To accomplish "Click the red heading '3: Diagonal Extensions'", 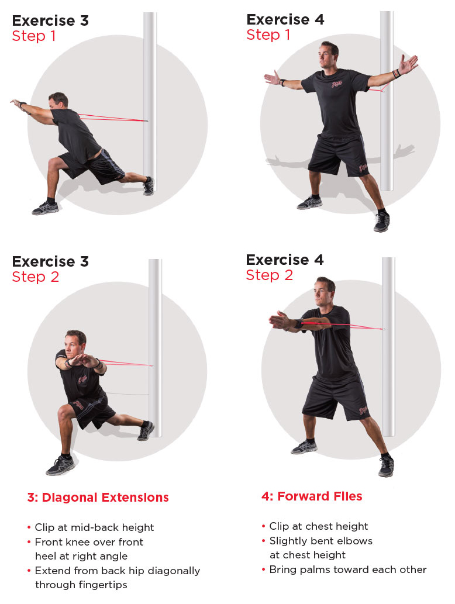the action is pyautogui.click(x=98, y=498).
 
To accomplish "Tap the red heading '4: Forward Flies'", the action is pyautogui.click(x=312, y=496).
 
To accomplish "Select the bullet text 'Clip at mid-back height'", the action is pyautogui.click(x=94, y=527).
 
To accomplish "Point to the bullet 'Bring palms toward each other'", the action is pyautogui.click(x=348, y=570).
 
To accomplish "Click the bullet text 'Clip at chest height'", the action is pyautogui.click(x=319, y=526).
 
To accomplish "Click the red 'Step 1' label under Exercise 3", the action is pyautogui.click(x=34, y=36).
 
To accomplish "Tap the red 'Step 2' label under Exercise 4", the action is pyautogui.click(x=269, y=275).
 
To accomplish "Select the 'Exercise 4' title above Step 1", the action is pyautogui.click(x=285, y=19).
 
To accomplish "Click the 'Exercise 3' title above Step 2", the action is pyautogui.click(x=50, y=261).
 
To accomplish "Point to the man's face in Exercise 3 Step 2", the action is pyautogui.click(x=73, y=346).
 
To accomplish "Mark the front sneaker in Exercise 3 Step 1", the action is pyautogui.click(x=46, y=208).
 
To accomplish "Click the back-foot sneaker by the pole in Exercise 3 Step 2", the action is pyautogui.click(x=146, y=431).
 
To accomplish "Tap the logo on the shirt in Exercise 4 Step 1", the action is pyautogui.click(x=337, y=83).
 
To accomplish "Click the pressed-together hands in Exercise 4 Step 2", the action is pyautogui.click(x=280, y=320).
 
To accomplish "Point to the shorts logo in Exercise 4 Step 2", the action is pyautogui.click(x=363, y=410).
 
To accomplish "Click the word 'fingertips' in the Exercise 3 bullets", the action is pyautogui.click(x=99, y=585).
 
